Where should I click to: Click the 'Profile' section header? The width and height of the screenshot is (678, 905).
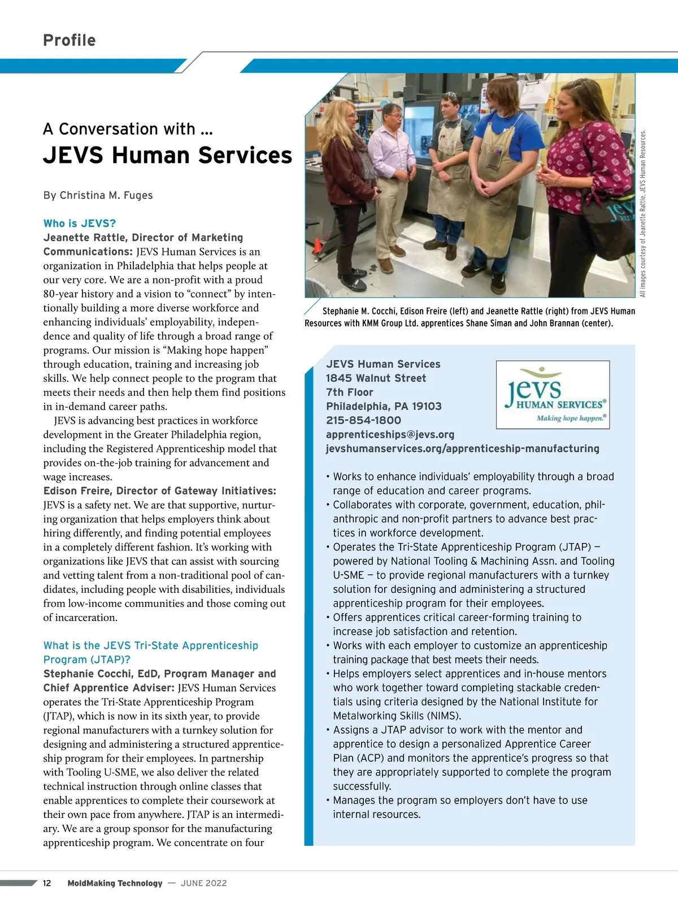pos(69,40)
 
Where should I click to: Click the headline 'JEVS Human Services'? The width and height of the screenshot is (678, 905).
pos(167,156)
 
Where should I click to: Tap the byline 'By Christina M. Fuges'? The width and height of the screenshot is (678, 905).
pos(98,195)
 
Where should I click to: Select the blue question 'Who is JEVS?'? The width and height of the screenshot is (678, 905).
pos(80,223)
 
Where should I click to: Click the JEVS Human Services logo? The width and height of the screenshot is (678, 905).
pos(553,395)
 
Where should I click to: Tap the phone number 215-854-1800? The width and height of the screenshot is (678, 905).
pos(363,420)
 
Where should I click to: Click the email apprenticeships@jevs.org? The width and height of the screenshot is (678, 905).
pos(390,434)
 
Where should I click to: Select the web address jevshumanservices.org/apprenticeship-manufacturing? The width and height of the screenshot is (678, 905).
pos(462,449)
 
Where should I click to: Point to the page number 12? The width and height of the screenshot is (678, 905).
pos(47,883)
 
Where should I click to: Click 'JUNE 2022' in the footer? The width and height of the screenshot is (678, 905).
pos(203,883)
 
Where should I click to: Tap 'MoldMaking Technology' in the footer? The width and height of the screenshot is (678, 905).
pos(115,883)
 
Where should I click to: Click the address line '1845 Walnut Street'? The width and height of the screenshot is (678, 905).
pos(376,378)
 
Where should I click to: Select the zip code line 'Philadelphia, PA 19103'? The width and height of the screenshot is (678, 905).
pos(384,406)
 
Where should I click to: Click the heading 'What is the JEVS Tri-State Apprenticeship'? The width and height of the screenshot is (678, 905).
pos(150,645)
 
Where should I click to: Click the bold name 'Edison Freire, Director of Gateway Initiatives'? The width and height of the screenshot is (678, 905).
pos(159,491)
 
